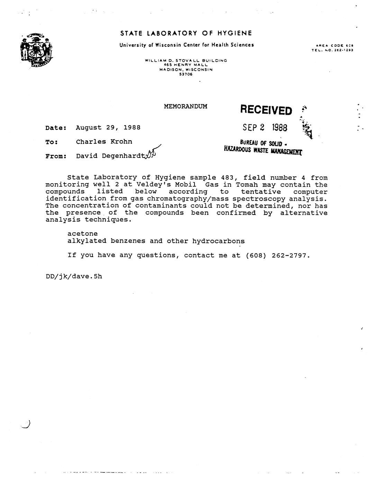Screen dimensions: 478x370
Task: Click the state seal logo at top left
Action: tap(36, 50)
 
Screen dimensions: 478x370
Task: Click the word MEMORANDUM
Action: tap(186, 106)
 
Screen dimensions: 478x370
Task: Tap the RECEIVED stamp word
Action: tap(266, 110)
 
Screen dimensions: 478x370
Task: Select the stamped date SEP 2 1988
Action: tap(265, 127)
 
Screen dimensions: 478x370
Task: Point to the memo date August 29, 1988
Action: tap(108, 127)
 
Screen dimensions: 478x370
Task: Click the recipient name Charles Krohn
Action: tap(104, 142)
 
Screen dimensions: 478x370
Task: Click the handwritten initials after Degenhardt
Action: tap(152, 153)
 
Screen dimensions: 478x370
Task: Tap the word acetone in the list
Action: tap(82, 234)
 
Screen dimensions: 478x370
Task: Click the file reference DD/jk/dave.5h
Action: tap(74, 276)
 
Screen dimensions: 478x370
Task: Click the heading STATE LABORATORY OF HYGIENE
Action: tap(186, 33)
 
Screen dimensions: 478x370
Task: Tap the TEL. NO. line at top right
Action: tap(332, 50)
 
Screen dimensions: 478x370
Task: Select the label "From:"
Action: tap(55, 156)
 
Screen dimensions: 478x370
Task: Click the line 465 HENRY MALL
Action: tap(186, 65)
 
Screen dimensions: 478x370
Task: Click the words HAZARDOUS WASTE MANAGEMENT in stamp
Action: tap(263, 150)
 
